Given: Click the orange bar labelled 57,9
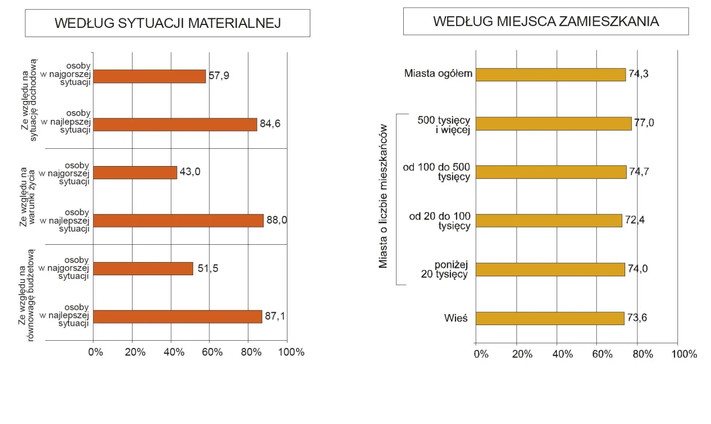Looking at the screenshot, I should [x=150, y=76].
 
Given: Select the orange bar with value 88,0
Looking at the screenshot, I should [x=179, y=220].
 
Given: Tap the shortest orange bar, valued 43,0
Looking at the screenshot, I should [x=136, y=173].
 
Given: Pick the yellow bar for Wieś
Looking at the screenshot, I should [x=550, y=318].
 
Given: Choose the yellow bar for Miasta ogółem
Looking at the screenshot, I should [x=551, y=74].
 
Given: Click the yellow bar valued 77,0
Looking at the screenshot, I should [x=554, y=123].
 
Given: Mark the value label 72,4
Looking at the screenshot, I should [x=634, y=220].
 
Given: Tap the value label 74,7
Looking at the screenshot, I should [x=639, y=172].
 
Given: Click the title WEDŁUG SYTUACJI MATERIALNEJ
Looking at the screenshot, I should [x=168, y=23].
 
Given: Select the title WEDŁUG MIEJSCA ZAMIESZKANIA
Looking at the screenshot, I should [x=546, y=21].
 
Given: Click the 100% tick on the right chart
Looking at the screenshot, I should [x=684, y=354].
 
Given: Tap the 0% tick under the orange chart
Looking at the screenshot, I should [x=95, y=351].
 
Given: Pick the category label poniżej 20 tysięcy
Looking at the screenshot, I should [x=444, y=270].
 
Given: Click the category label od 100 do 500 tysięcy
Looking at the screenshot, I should [x=437, y=172].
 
